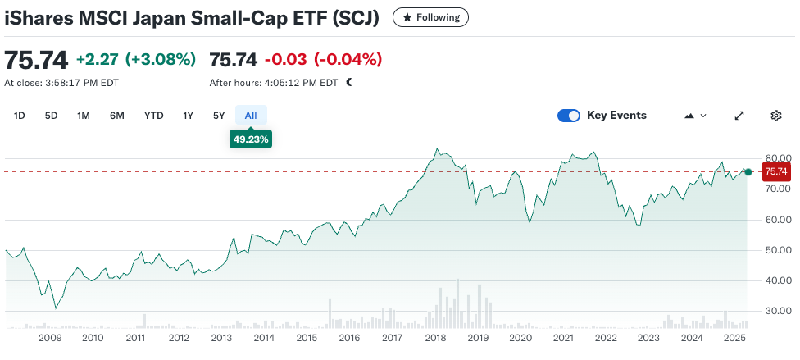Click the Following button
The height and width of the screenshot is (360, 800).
431,16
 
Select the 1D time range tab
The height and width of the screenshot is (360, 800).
20,116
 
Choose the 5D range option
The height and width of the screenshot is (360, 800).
51,116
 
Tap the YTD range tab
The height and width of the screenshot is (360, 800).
153,116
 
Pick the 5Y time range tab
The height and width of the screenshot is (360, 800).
219,116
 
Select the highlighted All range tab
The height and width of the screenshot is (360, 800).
251,116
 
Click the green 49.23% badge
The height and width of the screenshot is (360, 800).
251,139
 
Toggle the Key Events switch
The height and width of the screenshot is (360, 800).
569,116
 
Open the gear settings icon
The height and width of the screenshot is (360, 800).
775,116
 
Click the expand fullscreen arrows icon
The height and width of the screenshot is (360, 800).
739,116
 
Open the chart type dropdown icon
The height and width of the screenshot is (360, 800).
694,116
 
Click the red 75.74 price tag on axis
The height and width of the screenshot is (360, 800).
775,171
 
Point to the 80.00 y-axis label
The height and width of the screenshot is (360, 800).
778,158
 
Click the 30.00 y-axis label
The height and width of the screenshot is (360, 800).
778,311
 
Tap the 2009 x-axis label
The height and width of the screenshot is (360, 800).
50,338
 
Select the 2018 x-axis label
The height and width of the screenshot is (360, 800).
435,338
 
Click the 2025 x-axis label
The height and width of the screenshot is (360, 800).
734,338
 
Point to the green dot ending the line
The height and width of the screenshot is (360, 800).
748,171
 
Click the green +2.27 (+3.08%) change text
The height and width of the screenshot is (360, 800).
136,59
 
